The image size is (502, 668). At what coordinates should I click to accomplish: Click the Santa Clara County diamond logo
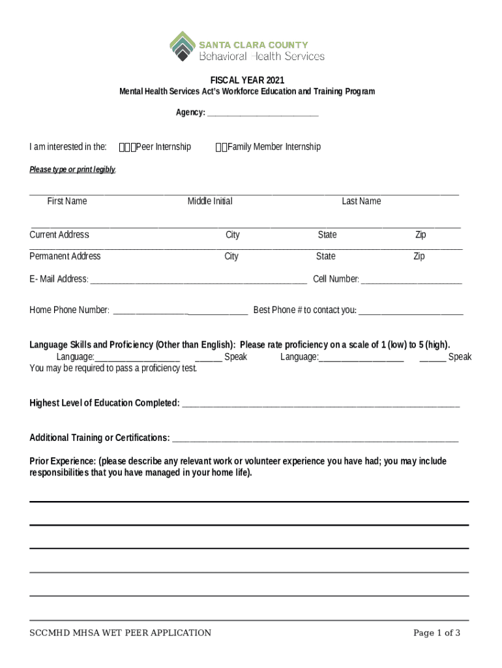[x=183, y=46]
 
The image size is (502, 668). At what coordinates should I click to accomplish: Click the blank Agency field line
[x=263, y=114]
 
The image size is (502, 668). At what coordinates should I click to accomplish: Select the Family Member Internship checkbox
[x=221, y=147]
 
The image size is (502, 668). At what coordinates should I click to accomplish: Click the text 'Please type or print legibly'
[x=72, y=170]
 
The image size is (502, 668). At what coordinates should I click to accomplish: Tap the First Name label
[x=66, y=201]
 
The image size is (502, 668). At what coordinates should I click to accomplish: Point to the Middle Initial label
[x=210, y=201]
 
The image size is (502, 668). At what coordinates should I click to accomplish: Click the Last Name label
[x=361, y=201]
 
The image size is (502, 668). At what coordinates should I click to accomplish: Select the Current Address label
[x=59, y=235]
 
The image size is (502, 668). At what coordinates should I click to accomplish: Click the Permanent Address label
[x=65, y=256]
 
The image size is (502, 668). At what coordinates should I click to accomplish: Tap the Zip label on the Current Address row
[x=421, y=235]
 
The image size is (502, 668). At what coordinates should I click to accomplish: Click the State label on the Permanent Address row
[x=326, y=256]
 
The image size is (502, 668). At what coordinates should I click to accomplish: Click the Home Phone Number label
[x=69, y=311]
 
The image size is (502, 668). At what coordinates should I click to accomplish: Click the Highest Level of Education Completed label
[x=104, y=403]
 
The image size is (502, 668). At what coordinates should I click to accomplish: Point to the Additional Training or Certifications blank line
[x=316, y=438]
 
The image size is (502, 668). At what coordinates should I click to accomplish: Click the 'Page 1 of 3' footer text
[x=437, y=633]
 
